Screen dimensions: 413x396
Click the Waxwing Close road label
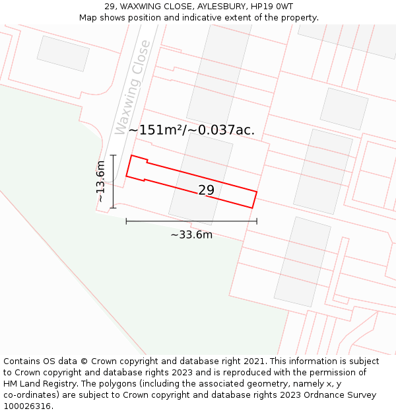coord(132,87)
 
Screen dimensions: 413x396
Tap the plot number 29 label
coord(207,190)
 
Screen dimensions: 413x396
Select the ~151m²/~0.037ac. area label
coord(191,130)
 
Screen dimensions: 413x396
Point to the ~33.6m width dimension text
coord(191,235)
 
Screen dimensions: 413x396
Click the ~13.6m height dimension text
coord(100,182)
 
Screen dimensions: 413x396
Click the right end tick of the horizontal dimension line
coord(257,221)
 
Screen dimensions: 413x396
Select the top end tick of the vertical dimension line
coord(113,155)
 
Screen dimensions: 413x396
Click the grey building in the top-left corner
coord(63,53)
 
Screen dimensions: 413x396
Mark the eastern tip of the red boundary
coord(256,192)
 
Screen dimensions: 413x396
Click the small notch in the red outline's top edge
coord(147,161)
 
